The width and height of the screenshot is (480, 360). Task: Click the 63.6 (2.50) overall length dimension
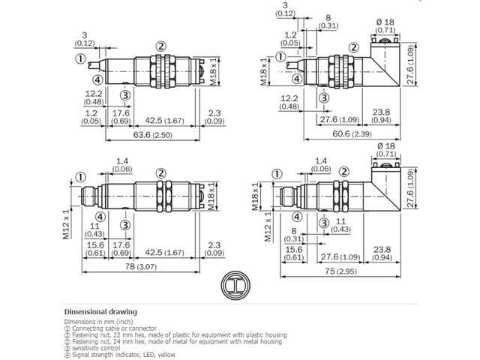point(152,135)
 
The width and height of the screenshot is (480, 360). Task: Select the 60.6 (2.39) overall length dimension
point(352,133)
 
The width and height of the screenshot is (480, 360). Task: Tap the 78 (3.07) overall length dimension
point(141,266)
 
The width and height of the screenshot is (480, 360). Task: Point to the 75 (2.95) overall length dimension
point(340,271)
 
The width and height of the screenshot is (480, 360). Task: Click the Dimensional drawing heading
point(100,312)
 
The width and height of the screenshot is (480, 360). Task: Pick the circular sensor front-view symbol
point(235,285)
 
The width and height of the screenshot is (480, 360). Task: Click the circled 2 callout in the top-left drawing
point(160,46)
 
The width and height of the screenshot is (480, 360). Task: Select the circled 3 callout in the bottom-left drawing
point(125,225)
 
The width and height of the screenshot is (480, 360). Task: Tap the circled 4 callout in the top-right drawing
point(297,79)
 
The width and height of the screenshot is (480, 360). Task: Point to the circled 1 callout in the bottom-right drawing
point(277,174)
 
